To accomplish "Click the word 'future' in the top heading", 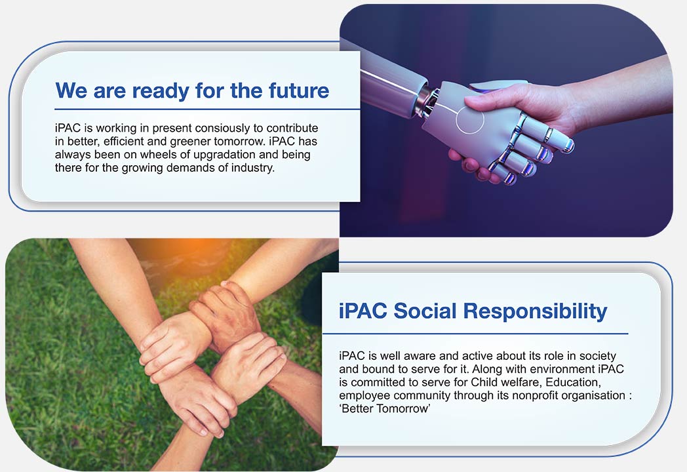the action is tap(299, 90).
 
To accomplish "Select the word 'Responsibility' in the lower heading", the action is tap(535, 311).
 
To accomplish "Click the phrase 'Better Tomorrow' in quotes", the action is tap(385, 409).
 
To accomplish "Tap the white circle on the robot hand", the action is tap(469, 119).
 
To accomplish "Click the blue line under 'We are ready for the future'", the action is tap(207, 109).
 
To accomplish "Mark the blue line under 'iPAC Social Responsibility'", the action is tap(475, 334).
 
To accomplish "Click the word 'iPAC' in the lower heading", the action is tap(363, 311).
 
